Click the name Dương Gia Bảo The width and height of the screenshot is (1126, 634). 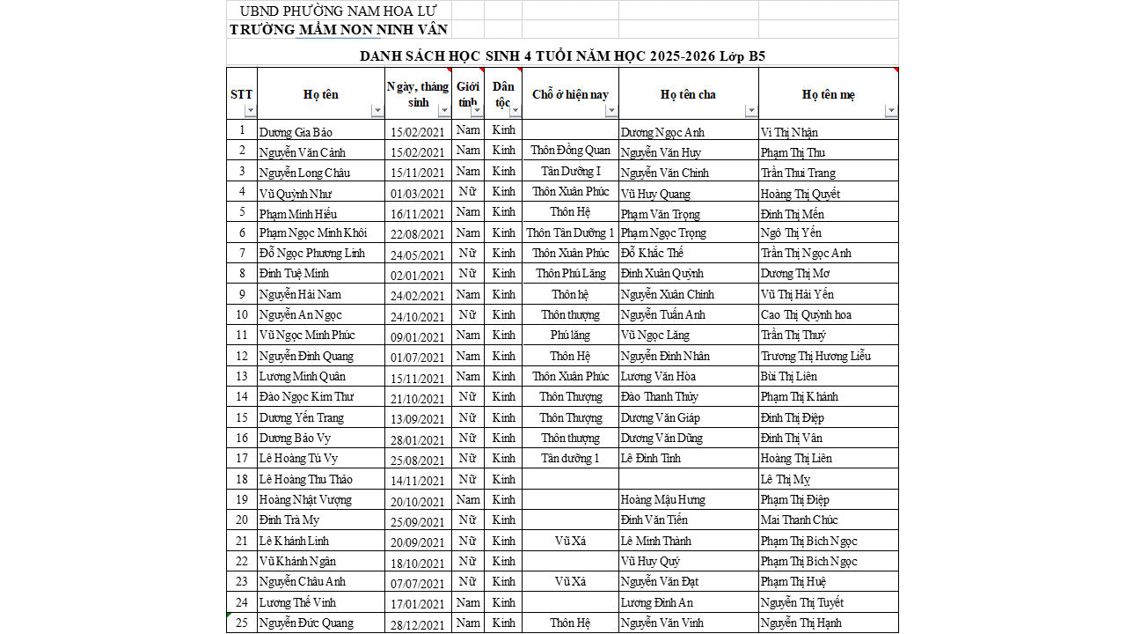296,132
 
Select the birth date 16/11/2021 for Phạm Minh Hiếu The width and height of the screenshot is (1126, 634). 419,214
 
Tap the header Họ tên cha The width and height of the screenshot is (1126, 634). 688,94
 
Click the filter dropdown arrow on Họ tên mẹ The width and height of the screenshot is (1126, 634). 891,111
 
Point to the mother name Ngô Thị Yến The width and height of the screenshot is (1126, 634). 791,233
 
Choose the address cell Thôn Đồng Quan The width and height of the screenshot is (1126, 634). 570,151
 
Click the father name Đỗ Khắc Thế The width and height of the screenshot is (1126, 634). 652,254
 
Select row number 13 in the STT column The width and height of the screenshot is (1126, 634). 241,377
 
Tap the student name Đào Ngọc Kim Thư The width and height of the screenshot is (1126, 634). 306,397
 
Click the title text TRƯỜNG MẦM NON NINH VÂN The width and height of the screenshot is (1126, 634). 339,29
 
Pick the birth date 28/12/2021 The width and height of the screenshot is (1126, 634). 419,623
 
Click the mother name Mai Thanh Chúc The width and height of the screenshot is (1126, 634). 799,520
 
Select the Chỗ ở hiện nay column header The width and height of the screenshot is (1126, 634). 570,94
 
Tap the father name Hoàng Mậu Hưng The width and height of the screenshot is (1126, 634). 663,500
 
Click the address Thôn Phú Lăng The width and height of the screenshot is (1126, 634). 570,274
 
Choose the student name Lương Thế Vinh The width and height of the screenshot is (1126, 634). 297,603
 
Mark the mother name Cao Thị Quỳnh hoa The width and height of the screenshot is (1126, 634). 806,315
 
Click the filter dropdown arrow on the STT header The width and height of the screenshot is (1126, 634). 250,111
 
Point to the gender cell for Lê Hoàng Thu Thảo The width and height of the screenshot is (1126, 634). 468,480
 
